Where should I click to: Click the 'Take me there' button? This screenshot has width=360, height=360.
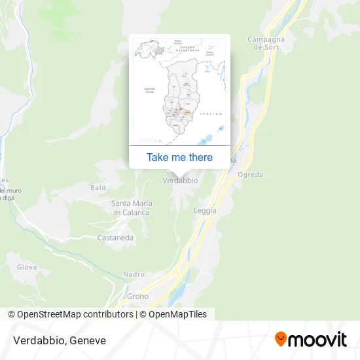[x=179, y=157]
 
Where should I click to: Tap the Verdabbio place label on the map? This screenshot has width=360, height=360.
[x=180, y=180]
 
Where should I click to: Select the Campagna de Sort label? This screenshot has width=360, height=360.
[x=264, y=43]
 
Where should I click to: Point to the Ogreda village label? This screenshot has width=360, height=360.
[x=250, y=175]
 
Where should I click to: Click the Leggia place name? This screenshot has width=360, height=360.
[x=205, y=210]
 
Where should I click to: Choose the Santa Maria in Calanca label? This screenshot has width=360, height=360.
[x=131, y=208]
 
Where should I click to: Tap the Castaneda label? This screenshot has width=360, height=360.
[x=115, y=238]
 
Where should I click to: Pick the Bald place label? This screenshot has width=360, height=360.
[x=98, y=188]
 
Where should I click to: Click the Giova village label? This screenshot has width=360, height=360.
[x=27, y=266]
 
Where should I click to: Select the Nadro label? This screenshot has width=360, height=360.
[x=134, y=275]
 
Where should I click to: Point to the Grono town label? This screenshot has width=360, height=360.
[x=137, y=297]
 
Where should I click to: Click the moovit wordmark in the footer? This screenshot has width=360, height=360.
[x=318, y=340]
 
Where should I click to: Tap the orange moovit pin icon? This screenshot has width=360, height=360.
[x=281, y=339]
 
